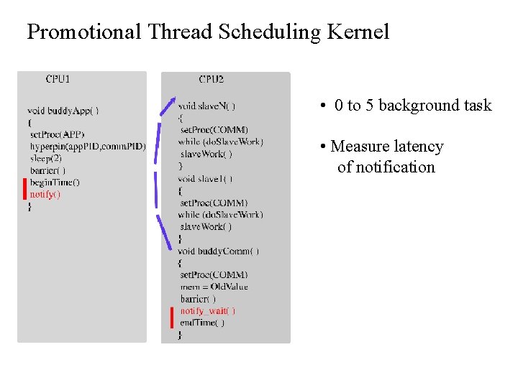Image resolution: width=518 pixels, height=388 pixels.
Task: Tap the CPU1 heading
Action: [58, 79]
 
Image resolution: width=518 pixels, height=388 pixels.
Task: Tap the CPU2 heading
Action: [211, 79]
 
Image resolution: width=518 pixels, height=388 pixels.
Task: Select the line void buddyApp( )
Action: [63, 111]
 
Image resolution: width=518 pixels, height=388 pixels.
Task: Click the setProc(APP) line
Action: [57, 134]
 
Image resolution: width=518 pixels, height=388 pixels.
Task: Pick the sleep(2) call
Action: [46, 158]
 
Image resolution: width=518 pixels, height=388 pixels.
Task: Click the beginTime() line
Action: [55, 183]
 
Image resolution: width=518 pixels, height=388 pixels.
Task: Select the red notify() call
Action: [45, 194]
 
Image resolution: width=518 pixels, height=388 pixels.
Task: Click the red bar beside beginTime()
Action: [24, 188]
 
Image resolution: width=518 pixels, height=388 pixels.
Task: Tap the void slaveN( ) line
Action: [206, 106]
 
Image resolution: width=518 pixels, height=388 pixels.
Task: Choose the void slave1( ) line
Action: [205, 178]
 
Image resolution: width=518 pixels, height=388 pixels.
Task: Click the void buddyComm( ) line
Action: [218, 251]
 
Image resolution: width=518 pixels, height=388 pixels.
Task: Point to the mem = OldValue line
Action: [214, 287]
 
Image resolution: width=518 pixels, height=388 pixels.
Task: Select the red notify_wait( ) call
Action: [207, 310]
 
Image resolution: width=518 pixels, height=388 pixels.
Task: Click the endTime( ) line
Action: [202, 323]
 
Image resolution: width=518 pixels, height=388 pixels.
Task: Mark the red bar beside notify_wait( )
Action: [172, 316]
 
